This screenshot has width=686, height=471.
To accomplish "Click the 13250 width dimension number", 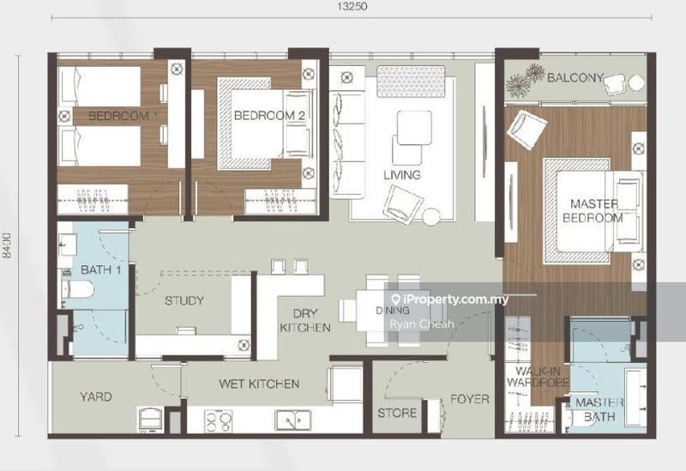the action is pos(352,7).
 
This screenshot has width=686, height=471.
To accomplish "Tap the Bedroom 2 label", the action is pos(269,116).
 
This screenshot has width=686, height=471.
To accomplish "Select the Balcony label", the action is pos(575,78).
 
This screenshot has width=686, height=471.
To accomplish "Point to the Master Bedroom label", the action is pos(593,210).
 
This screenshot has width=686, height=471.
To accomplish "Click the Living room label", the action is pos(402,175).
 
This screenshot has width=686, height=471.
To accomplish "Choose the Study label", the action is pos(184,301).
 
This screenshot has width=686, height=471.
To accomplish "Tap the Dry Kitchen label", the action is pos(305,320).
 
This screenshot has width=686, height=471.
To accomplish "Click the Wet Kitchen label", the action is pos(259,383).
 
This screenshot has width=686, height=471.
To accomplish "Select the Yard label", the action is pos(96,397).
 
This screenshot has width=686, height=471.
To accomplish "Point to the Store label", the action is pos(397,413).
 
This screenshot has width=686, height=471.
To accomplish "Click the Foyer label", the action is pos(470,399).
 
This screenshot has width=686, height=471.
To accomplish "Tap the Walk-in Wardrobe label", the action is pos(538,377).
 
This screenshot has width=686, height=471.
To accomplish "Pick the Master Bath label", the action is pos(599,410).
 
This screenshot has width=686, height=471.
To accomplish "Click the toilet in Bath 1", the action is pos(79,289).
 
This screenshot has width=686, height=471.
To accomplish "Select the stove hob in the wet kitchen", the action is pos(219,421).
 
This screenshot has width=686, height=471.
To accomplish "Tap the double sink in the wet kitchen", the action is pos(292,420).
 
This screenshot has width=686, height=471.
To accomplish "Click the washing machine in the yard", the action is pos(151,420).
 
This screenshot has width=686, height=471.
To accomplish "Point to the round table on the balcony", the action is pos(636,82).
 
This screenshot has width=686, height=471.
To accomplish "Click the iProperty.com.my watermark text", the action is pos(450,299).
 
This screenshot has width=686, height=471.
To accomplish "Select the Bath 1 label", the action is pos(100,269).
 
